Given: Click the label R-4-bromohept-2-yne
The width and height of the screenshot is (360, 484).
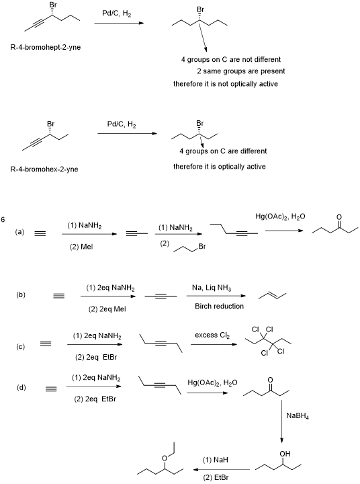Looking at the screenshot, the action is [x=46, y=48].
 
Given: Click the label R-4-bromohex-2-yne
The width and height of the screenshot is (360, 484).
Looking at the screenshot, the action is [x=44, y=169].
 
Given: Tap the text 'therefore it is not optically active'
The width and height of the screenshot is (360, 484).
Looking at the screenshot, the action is [x=226, y=84].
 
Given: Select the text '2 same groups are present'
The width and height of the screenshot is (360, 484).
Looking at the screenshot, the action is [x=241, y=71].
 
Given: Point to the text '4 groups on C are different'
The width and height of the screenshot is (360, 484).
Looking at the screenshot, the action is [x=223, y=151].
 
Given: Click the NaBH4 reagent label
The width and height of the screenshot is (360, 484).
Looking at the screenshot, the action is [x=298, y=416].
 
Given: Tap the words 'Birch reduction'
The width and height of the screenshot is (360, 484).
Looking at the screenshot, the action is [x=219, y=307].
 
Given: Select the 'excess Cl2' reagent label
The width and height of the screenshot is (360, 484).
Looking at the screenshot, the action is [x=212, y=335].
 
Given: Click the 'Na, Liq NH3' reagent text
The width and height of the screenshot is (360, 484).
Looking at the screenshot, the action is [x=212, y=288].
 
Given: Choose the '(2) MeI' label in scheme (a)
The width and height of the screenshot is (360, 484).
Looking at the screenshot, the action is [x=81, y=247].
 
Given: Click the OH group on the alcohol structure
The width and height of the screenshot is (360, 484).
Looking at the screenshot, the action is [x=285, y=454].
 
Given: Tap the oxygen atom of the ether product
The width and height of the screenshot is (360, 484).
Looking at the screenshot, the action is [x=165, y=458].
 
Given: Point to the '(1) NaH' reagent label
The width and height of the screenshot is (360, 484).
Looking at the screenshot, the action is [x=216, y=460].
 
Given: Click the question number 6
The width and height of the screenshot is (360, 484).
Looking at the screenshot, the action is [x=3, y=220].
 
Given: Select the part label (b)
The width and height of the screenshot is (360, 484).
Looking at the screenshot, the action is [x=21, y=295].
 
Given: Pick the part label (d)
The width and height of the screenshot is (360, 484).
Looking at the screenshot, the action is [x=21, y=388].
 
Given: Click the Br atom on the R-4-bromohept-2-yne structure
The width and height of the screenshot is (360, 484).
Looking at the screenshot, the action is [x=53, y=5].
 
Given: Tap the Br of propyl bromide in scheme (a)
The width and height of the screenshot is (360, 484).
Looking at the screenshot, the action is [x=202, y=247].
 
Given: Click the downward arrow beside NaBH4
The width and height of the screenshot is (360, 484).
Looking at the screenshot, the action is [x=281, y=421].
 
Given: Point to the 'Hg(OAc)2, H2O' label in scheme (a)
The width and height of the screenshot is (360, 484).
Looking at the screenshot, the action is [x=280, y=216].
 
